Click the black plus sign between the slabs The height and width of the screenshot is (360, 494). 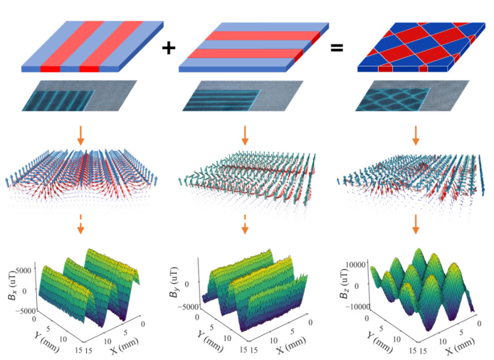click(168, 48)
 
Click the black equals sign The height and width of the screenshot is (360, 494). click(337, 48)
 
